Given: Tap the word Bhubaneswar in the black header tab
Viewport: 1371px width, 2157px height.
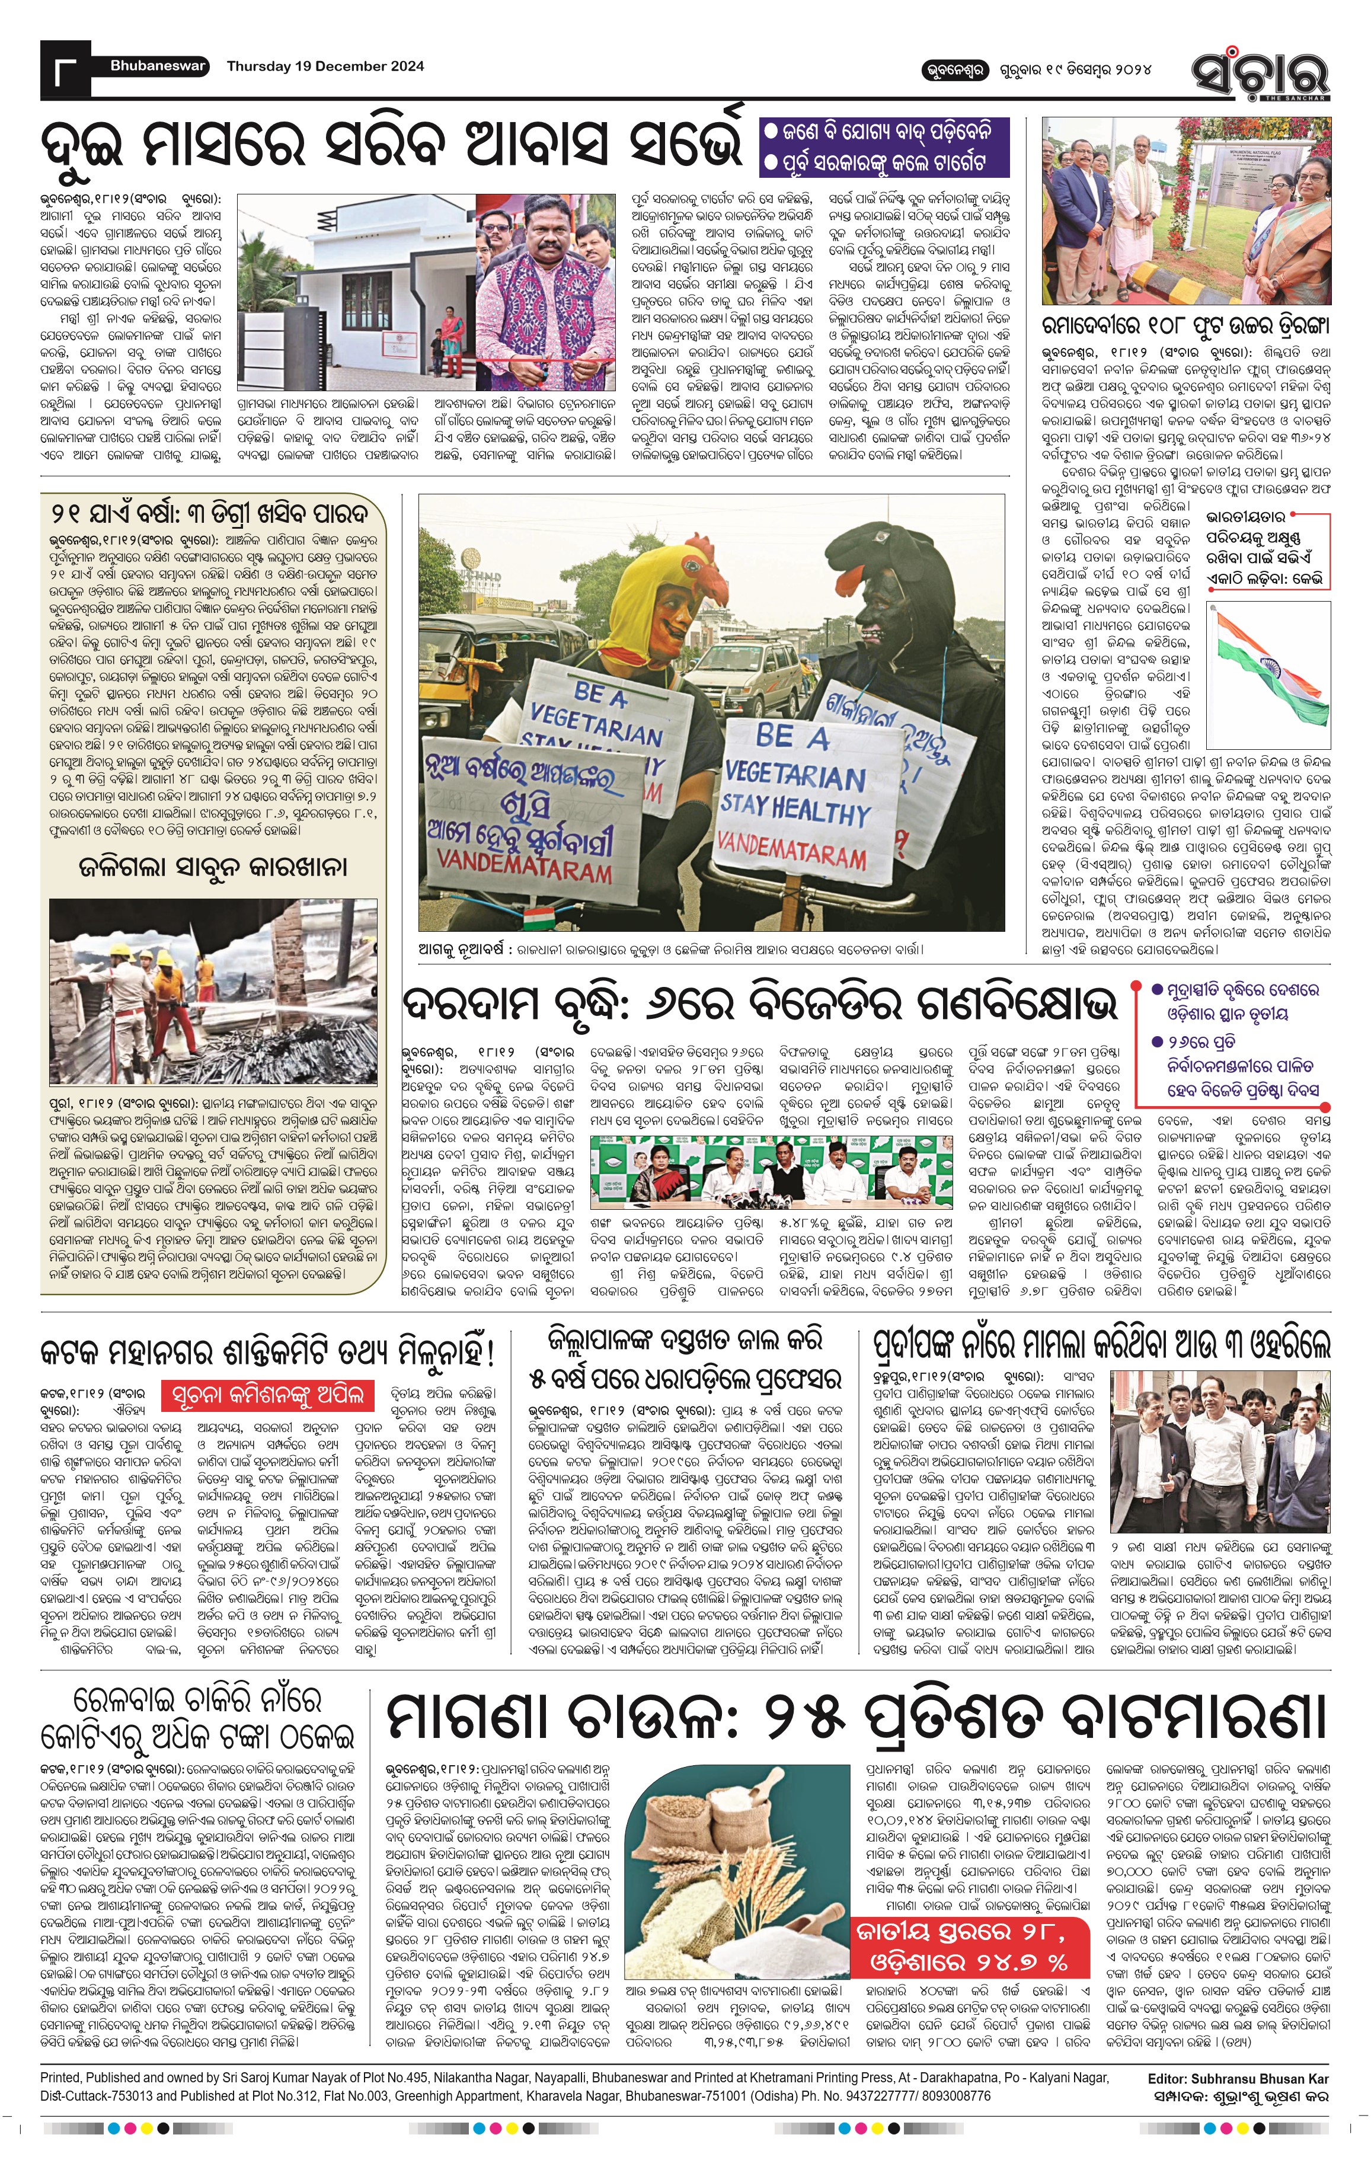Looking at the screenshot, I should [x=158, y=65].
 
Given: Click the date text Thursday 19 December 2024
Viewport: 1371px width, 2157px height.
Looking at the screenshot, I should [x=325, y=65].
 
